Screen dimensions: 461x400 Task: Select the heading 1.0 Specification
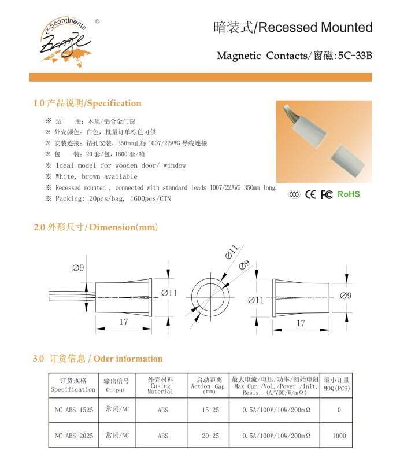click(87, 104)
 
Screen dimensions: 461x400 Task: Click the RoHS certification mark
click(349, 194)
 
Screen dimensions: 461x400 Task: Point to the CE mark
click(310, 194)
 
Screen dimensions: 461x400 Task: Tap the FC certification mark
click(327, 194)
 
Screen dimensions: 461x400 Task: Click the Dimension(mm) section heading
click(95, 227)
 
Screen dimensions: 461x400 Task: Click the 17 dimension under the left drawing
click(124, 322)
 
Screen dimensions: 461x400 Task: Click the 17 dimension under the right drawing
click(301, 323)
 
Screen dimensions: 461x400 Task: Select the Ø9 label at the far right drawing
click(346, 296)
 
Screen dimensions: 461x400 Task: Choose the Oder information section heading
click(98, 359)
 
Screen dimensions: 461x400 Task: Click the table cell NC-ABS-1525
click(73, 410)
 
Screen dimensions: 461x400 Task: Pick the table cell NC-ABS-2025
click(73, 436)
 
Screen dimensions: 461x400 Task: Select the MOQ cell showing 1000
click(339, 436)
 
